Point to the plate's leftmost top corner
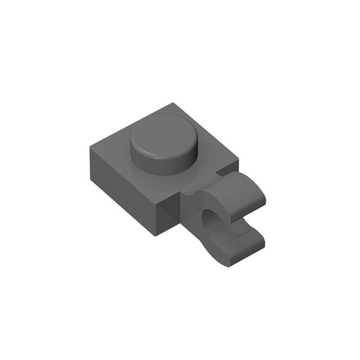click(x=90, y=147)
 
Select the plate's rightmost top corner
click(x=238, y=159)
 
